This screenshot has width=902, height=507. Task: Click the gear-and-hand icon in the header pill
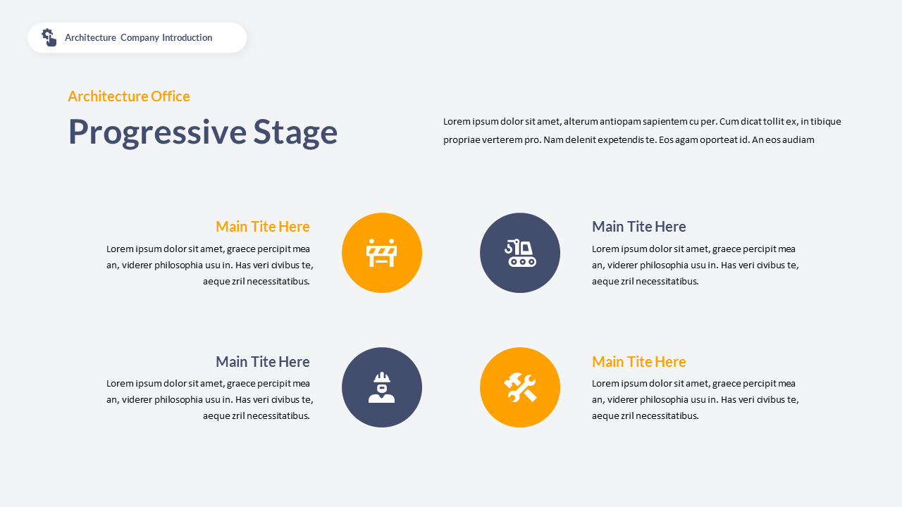(x=49, y=37)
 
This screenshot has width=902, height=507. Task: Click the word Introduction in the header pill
(x=187, y=38)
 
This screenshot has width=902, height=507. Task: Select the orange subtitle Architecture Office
(x=129, y=96)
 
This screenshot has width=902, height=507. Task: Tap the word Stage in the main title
(x=295, y=132)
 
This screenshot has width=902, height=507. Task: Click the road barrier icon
(x=382, y=253)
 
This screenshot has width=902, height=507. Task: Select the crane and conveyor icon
(x=520, y=253)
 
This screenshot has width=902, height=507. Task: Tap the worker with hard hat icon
(x=382, y=387)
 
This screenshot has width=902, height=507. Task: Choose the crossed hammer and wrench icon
(x=520, y=387)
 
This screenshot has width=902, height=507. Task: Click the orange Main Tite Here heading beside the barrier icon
(x=262, y=227)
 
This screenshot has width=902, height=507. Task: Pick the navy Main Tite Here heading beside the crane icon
(x=638, y=227)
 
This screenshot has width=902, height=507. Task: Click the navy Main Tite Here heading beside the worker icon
(x=262, y=362)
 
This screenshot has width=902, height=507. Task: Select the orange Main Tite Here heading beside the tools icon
(x=638, y=362)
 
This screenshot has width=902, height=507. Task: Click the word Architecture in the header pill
(x=90, y=38)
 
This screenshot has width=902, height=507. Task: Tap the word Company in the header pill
(x=140, y=38)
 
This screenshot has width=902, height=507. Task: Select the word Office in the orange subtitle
(x=170, y=96)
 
